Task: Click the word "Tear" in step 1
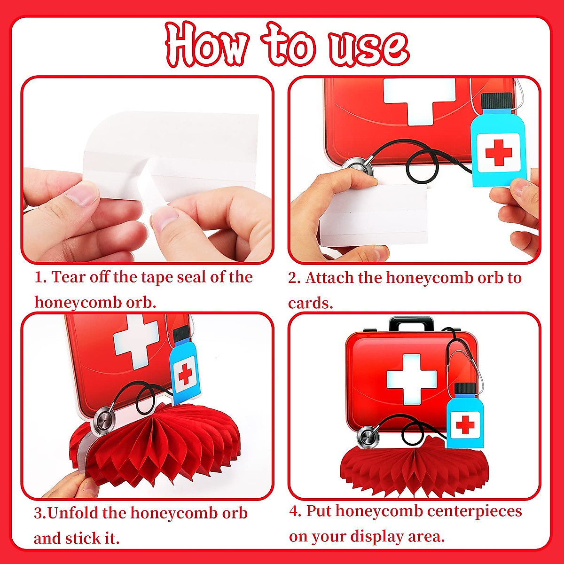coord(69,277)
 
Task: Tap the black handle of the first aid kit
coord(412,324)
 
